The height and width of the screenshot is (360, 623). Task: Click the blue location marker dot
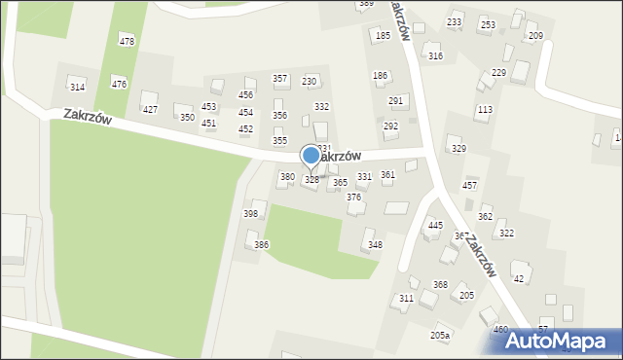click(x=311, y=155)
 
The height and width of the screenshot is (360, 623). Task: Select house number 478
click(x=127, y=41)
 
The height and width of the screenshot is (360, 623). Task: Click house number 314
click(x=77, y=88)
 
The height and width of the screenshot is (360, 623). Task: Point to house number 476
click(x=119, y=85)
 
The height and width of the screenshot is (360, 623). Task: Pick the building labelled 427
click(x=150, y=109)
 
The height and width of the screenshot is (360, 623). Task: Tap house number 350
click(x=187, y=117)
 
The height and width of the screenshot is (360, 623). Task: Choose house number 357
click(x=279, y=79)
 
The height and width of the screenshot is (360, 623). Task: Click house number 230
click(x=310, y=81)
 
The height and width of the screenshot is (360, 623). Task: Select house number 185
click(x=383, y=36)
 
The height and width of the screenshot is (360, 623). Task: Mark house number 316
click(x=435, y=56)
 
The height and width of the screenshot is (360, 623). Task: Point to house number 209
click(x=534, y=36)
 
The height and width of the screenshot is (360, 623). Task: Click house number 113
click(x=484, y=110)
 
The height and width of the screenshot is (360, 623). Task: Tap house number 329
click(x=458, y=148)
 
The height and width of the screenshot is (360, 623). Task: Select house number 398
click(x=250, y=213)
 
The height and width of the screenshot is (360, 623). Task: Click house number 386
click(x=261, y=244)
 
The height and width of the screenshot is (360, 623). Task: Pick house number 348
click(x=375, y=244)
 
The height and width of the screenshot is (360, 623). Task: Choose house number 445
click(x=435, y=225)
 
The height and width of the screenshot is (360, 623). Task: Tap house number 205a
click(x=440, y=335)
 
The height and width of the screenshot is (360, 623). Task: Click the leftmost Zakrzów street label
click(x=89, y=116)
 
